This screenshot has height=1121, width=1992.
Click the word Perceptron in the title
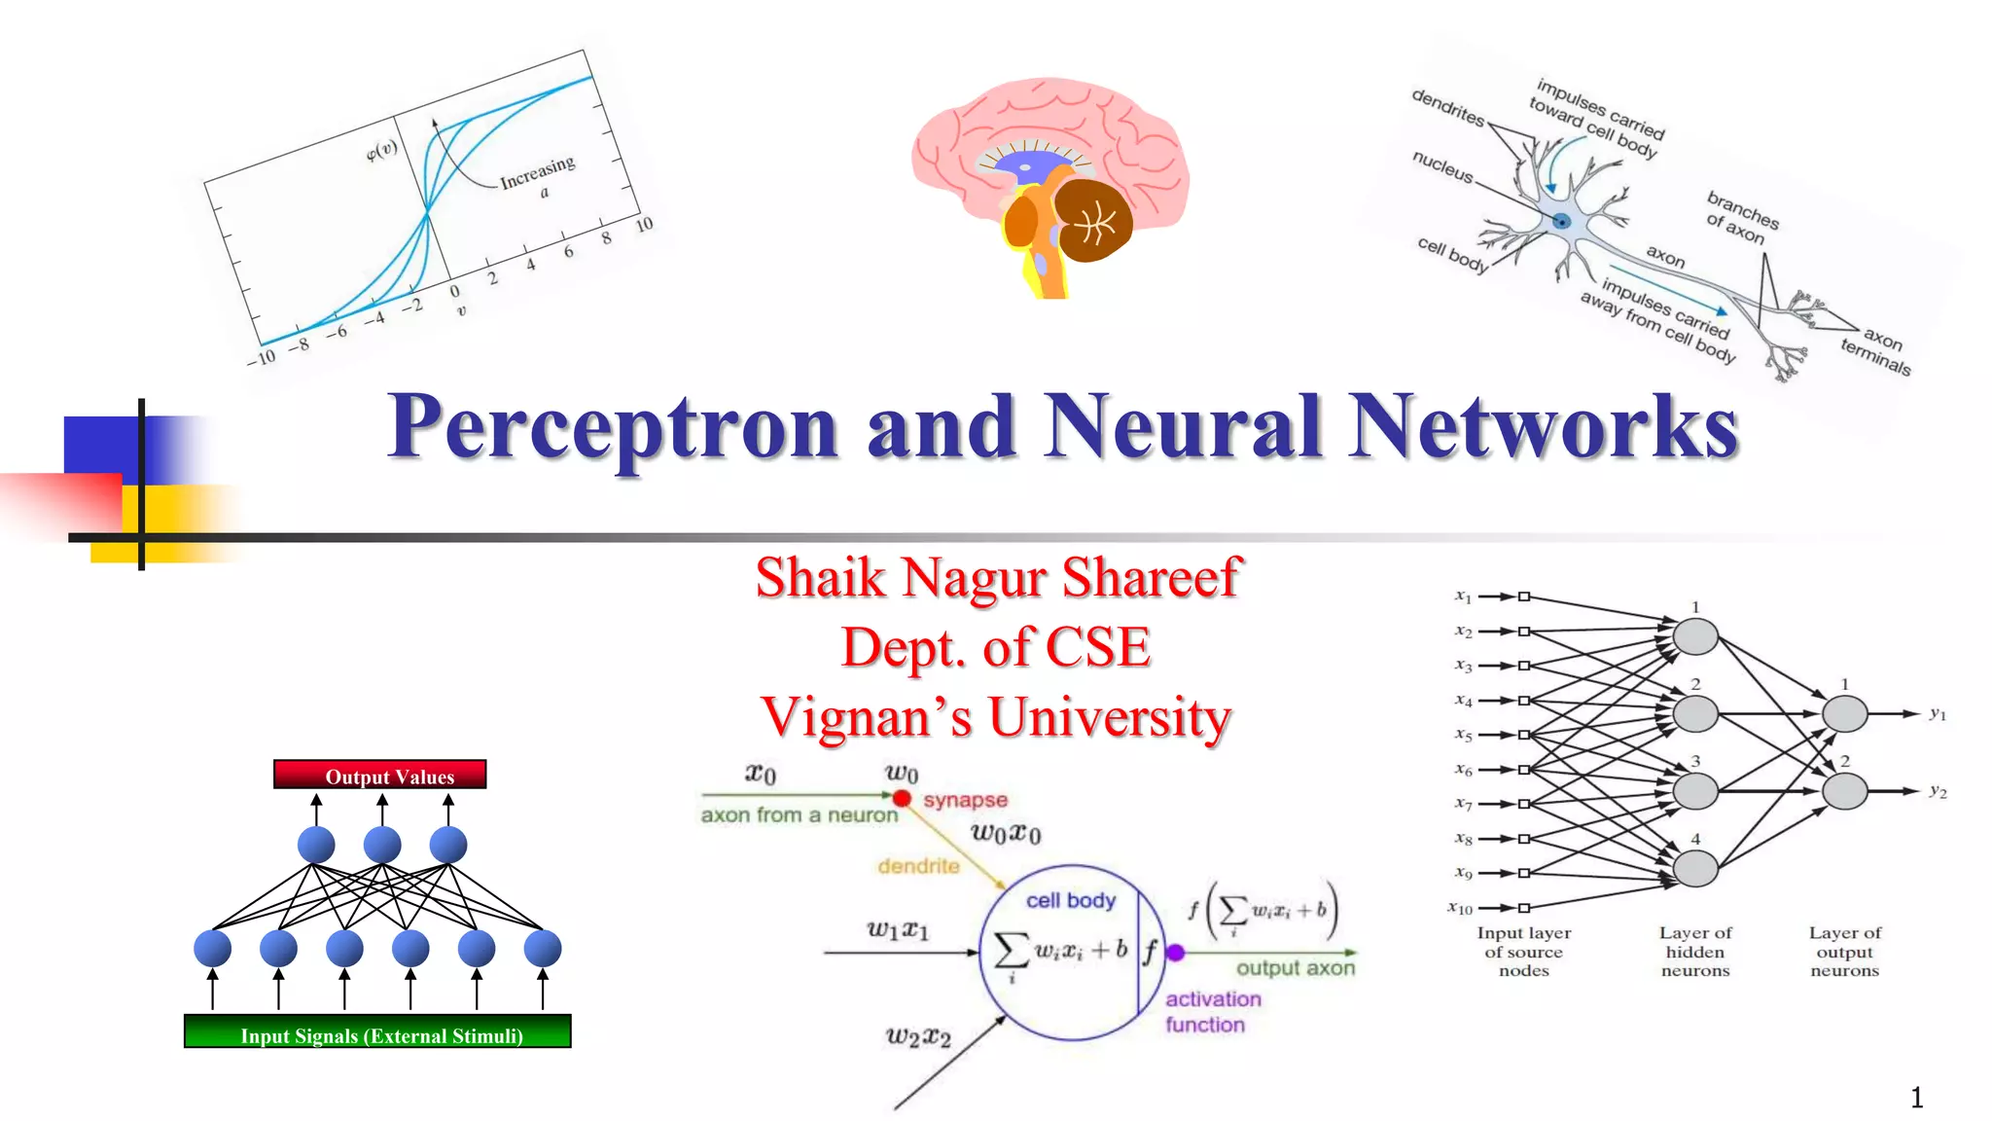pyautogui.click(x=613, y=428)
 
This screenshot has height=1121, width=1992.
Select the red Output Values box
pyautogui.click(x=380, y=776)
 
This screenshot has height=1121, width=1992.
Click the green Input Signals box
pyautogui.click(x=377, y=1032)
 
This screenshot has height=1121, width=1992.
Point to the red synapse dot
pyautogui.click(x=902, y=798)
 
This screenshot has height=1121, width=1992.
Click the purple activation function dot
pyautogui.click(x=1175, y=953)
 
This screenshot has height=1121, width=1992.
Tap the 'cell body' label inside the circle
pyautogui.click(x=1070, y=900)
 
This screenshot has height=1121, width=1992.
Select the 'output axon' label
pyautogui.click(x=1295, y=968)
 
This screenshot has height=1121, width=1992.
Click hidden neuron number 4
pyautogui.click(x=1694, y=868)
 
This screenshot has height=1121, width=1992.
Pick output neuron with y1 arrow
pyautogui.click(x=1844, y=714)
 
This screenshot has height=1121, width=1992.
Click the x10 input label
pyautogui.click(x=1461, y=908)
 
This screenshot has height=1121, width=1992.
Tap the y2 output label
pyautogui.click(x=1938, y=791)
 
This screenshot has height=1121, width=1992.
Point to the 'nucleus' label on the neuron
pyautogui.click(x=1442, y=166)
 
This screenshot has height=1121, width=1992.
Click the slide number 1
pyautogui.click(x=1916, y=1098)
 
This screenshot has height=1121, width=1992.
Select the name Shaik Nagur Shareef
pyautogui.click(x=997, y=577)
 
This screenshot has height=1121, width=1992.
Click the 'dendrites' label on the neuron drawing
pyautogui.click(x=1447, y=108)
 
